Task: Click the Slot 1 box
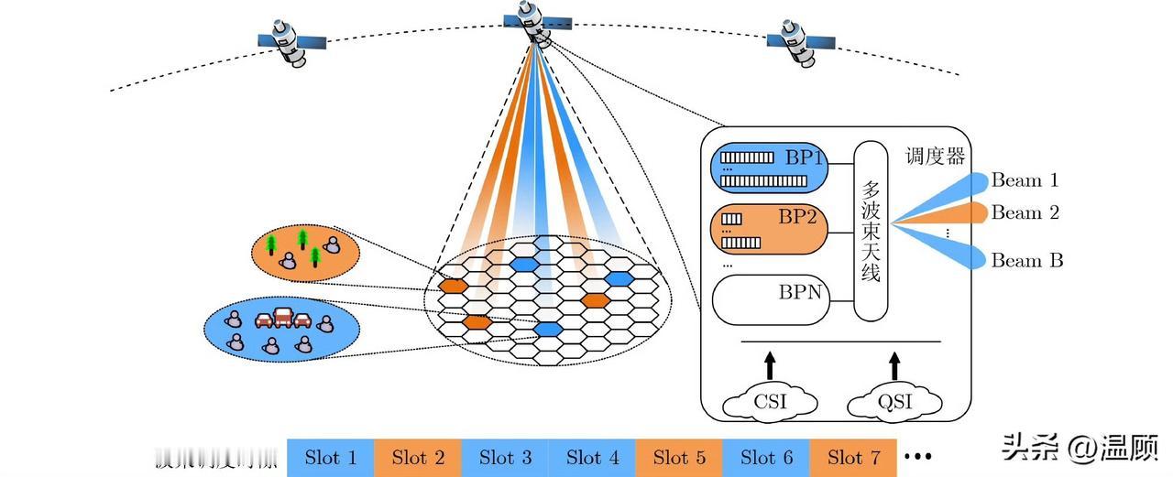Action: coord(330,458)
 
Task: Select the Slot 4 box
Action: coord(592,458)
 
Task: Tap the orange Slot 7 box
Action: coord(853,458)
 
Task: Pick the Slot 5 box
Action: coord(679,458)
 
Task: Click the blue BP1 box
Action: coord(769,167)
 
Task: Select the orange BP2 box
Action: coord(769,229)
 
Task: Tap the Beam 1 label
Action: coord(1025,180)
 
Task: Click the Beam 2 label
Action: coord(1025,213)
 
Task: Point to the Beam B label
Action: coord(1026,261)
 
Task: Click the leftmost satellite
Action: coord(292,42)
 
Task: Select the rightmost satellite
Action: coord(800,42)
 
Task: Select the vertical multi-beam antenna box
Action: coord(871,231)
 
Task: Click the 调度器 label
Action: coord(935,157)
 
